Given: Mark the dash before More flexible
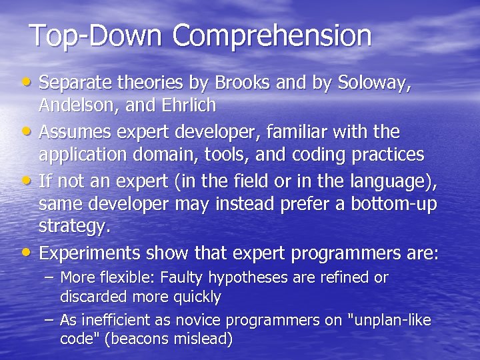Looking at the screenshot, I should tap(50, 277).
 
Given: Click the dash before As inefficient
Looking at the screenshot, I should tap(50, 321).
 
